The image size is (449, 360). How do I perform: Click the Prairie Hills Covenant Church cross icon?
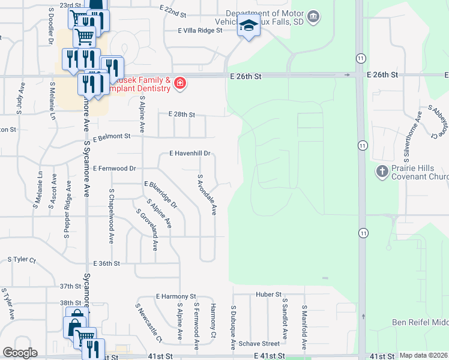click(382, 172)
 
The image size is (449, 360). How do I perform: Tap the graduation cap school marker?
click(248, 26)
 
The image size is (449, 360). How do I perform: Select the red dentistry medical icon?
click(179, 84)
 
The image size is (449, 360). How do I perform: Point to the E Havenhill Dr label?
click(190, 154)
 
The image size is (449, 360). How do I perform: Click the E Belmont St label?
click(112, 136)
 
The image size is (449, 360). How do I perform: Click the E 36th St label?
click(107, 263)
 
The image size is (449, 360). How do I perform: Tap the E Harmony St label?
click(176, 296)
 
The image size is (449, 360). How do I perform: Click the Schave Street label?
click(259, 344)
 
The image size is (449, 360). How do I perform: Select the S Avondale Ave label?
click(206, 195)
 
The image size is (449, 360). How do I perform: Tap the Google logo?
click(20, 353)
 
